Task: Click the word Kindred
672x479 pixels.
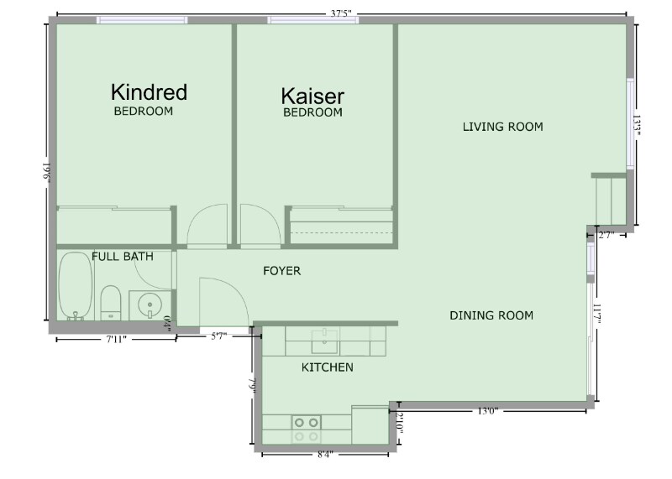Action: click(x=149, y=92)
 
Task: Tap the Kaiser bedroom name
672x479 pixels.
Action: click(x=312, y=96)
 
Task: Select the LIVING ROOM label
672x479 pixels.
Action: click(x=502, y=127)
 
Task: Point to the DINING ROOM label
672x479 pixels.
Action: click(x=491, y=315)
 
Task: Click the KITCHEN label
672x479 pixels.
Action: click(x=328, y=367)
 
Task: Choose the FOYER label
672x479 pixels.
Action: click(x=282, y=271)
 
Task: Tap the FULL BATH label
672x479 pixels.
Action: click(x=123, y=257)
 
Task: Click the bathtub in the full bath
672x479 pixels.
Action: click(x=76, y=286)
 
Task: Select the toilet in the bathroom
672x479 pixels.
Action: click(x=111, y=303)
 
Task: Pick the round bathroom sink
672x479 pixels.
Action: click(x=150, y=305)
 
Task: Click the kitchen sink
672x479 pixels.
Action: click(x=324, y=341)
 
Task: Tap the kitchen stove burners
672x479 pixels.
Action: click(x=307, y=430)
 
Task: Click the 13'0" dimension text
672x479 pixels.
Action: click(x=487, y=411)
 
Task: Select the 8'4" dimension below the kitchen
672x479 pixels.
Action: click(x=325, y=454)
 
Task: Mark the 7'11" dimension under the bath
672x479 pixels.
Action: click(x=116, y=340)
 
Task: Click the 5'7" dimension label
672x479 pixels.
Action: click(x=218, y=336)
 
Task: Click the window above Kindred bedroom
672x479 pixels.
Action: click(x=142, y=19)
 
